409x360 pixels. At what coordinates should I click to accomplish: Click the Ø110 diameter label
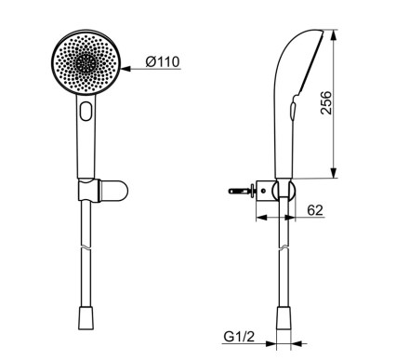click(x=163, y=61)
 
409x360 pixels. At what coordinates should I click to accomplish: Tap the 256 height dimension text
click(x=326, y=102)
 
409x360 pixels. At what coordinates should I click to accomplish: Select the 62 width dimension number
click(x=315, y=210)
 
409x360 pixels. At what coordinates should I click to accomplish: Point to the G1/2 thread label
click(x=239, y=337)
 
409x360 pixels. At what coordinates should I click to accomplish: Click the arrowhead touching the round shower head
click(x=125, y=69)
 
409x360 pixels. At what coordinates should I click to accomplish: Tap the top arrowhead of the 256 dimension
click(x=334, y=35)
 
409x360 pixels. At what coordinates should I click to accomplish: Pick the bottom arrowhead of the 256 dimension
click(x=334, y=173)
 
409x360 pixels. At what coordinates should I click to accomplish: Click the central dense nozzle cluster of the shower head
click(x=86, y=62)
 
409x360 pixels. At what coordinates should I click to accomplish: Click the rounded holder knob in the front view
click(x=113, y=191)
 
